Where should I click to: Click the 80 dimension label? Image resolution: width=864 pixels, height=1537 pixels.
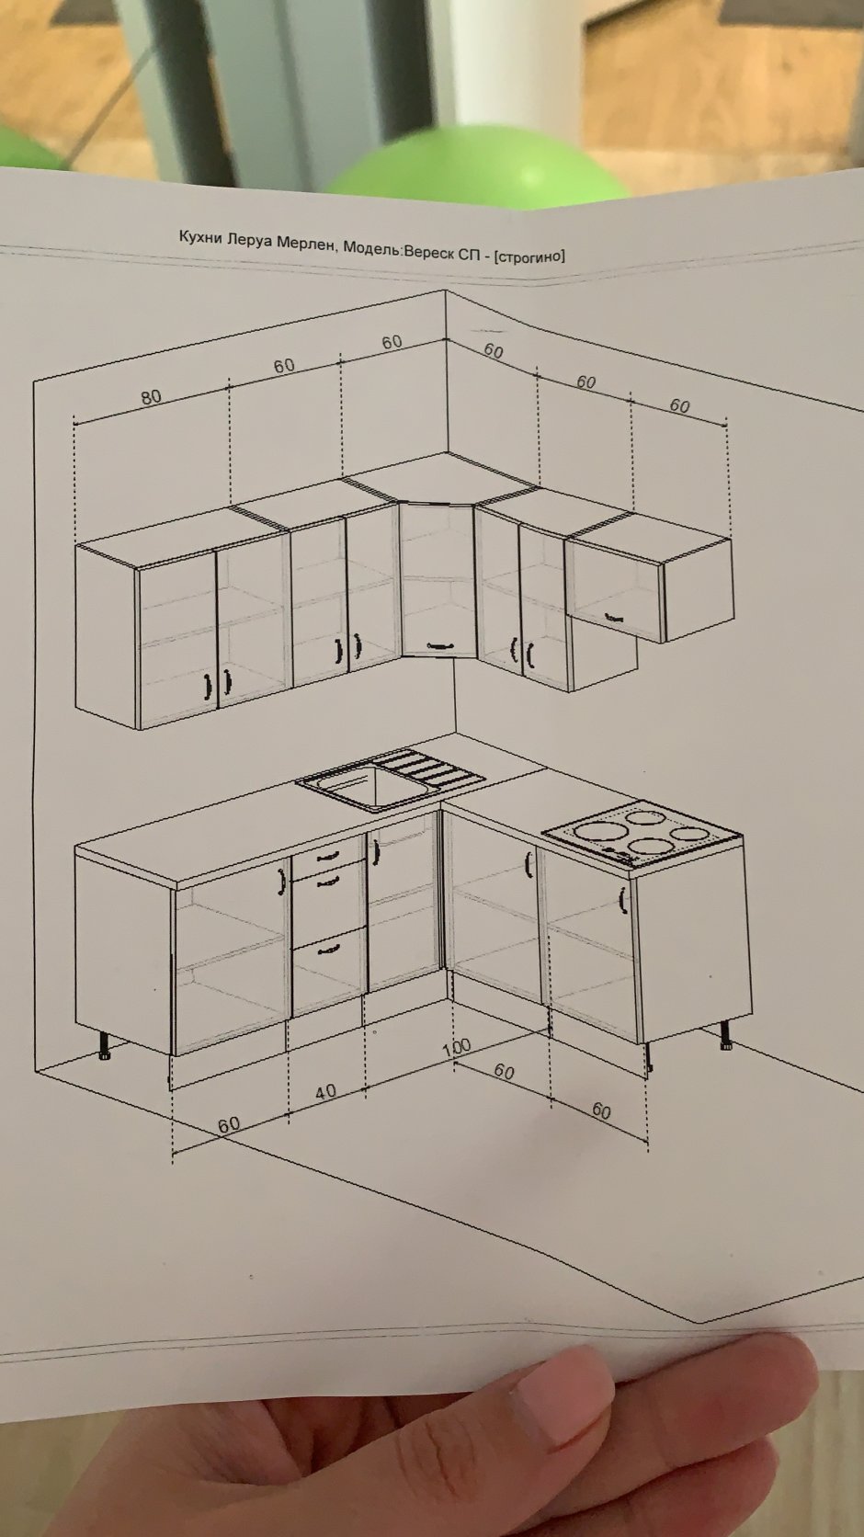[x=152, y=397]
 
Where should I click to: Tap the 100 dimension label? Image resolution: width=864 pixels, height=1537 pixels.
[x=456, y=1047]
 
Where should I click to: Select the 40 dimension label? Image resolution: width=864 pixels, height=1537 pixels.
[x=326, y=1092]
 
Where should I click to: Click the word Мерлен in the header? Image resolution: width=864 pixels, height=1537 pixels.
[x=307, y=242]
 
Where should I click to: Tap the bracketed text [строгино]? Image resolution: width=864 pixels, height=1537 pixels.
[x=529, y=256]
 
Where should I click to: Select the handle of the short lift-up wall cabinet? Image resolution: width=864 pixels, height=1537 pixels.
[x=615, y=618]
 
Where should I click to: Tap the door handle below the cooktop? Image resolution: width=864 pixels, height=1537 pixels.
[x=622, y=900]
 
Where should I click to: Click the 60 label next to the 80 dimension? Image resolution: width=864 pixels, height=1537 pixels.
[x=284, y=367]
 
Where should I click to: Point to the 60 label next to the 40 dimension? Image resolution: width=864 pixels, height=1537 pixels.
[x=229, y=1124]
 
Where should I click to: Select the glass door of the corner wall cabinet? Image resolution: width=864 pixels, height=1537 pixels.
[x=438, y=580]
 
